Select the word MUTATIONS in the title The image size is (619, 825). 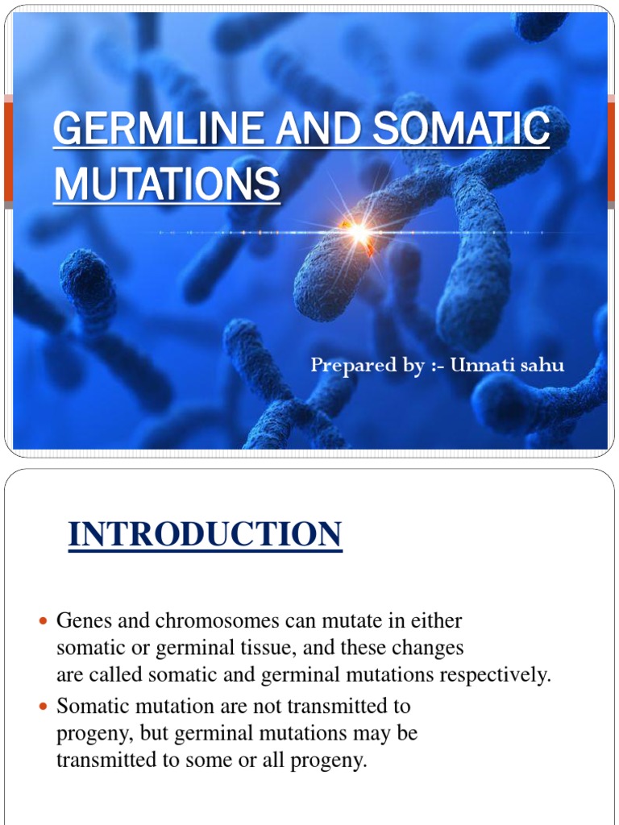(167, 184)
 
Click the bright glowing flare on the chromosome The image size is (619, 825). (358, 234)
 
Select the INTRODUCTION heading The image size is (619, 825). (206, 535)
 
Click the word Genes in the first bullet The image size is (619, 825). (82, 621)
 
